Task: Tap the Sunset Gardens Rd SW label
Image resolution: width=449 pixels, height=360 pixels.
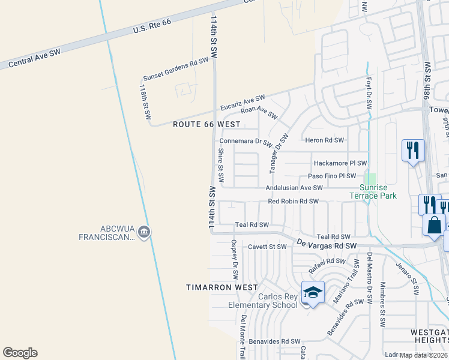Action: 175,70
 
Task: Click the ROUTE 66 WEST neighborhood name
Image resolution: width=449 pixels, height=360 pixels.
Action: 206,124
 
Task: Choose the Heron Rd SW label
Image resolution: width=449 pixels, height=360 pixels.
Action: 325,140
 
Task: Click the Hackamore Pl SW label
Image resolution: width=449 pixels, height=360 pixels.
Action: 340,163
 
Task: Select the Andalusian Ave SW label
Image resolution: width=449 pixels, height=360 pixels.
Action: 294,188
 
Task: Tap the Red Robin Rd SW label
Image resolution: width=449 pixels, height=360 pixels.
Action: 293,202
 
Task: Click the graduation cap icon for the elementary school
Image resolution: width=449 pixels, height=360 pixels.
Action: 313,292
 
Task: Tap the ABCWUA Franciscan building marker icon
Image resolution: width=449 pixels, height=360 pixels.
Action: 143,232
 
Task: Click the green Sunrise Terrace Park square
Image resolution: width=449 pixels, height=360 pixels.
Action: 370,179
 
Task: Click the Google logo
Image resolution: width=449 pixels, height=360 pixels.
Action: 20,353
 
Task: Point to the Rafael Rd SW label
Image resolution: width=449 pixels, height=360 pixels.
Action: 328,265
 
